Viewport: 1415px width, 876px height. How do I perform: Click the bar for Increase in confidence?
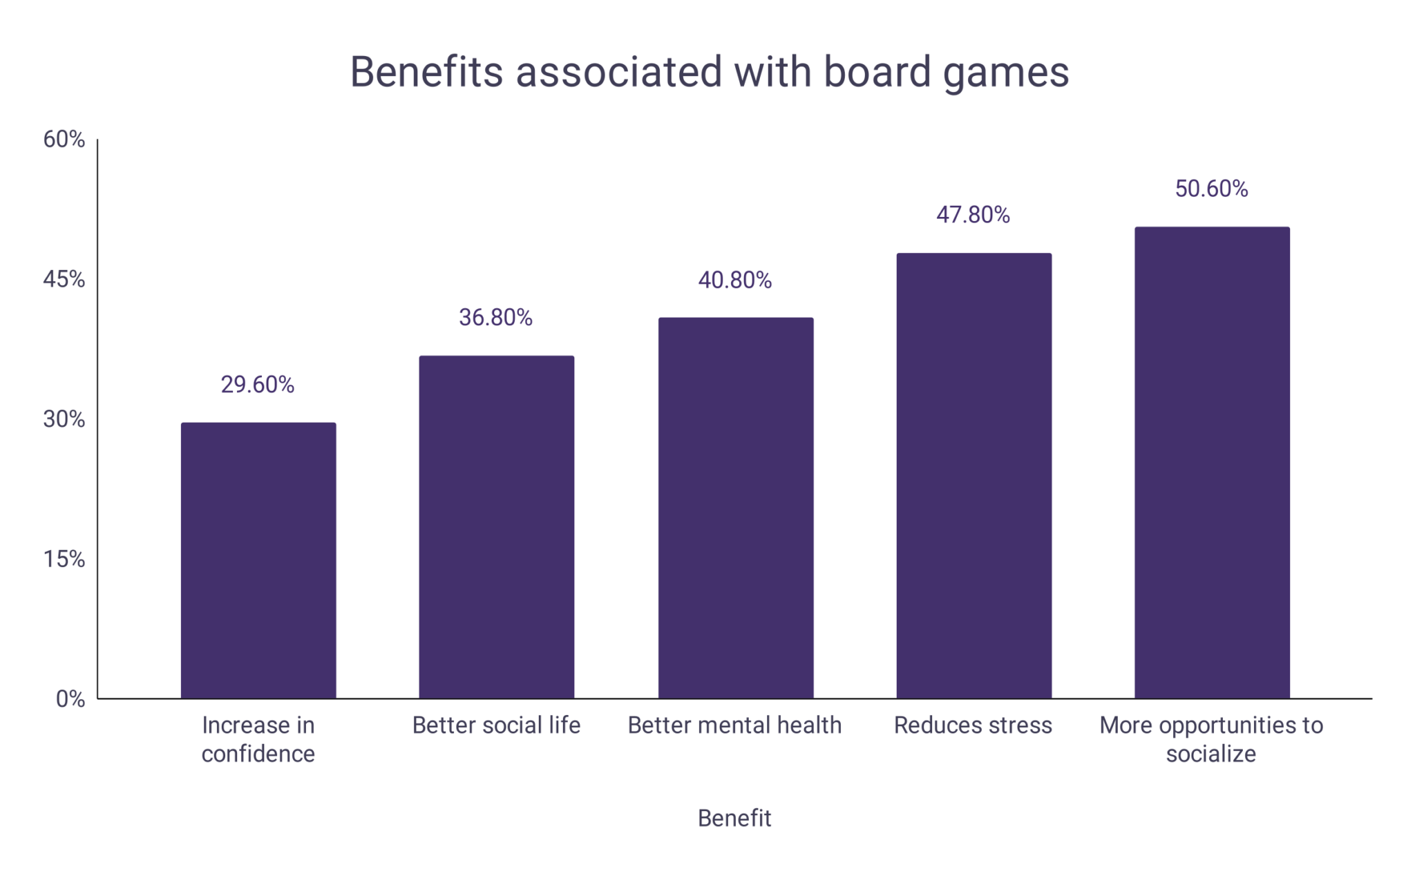tap(258, 560)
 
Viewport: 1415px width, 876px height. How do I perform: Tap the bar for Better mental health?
tap(735, 508)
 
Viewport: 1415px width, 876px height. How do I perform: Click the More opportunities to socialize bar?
tap(1212, 462)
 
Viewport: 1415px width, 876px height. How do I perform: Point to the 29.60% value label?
tap(258, 385)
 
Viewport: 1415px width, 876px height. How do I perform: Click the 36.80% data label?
tap(496, 318)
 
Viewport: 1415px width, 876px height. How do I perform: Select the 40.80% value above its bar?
tap(735, 280)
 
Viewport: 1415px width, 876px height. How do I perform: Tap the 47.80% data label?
tap(974, 216)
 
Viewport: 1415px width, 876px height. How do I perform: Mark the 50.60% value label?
tap(1212, 189)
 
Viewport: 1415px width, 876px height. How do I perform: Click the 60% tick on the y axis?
tap(64, 140)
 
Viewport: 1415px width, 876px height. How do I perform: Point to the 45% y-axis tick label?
tap(64, 280)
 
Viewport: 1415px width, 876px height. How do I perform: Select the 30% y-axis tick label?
tap(64, 419)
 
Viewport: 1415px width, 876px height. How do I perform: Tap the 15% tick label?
tap(64, 560)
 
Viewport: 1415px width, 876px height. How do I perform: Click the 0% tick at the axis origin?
tap(70, 699)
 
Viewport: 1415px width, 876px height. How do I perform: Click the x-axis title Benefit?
tap(734, 819)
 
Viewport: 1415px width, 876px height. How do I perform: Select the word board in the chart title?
tap(877, 72)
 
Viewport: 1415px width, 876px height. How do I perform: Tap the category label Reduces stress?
tap(973, 725)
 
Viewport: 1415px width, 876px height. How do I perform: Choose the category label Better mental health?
tap(734, 725)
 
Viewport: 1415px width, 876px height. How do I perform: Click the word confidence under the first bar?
tap(258, 754)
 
